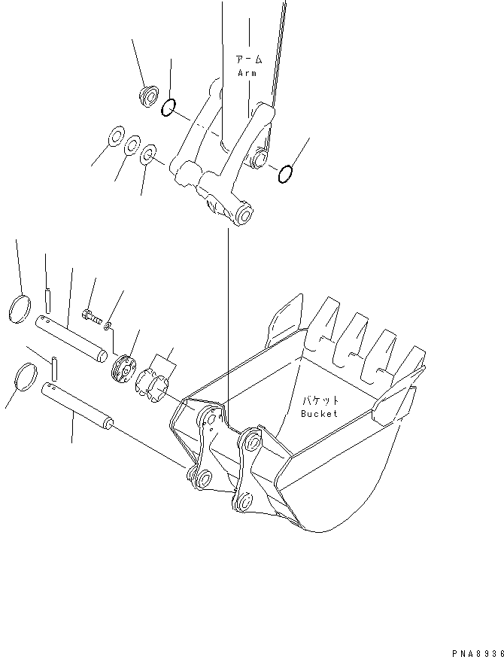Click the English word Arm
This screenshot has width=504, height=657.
tap(247, 73)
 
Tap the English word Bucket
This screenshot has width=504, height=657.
tap(320, 413)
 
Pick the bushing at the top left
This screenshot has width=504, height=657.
tap(148, 96)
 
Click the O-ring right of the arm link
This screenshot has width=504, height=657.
tap(285, 175)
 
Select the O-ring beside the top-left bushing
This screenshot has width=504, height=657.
tap(169, 109)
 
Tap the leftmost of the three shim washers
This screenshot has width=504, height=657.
tap(117, 138)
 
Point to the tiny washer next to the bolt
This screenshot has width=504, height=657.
tap(109, 325)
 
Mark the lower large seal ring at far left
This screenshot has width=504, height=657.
tap(26, 376)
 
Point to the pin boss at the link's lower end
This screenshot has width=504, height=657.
tap(244, 216)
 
